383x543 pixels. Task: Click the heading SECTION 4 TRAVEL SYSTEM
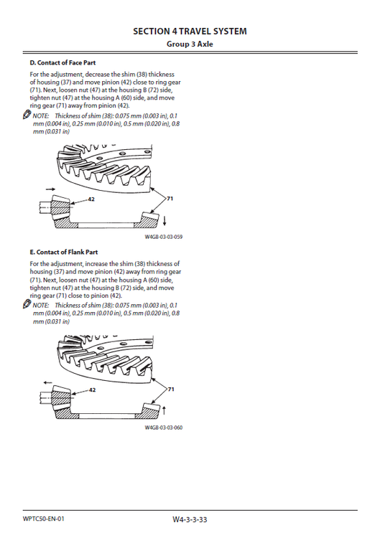190,32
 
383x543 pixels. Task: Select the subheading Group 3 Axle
190,44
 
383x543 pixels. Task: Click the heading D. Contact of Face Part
63,63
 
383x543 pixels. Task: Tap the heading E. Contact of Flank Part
63,252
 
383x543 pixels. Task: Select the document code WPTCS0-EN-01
43,518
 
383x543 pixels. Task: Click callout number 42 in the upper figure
91,199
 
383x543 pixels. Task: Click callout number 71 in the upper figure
170,197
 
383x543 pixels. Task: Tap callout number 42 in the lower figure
91,390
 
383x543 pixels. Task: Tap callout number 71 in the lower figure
170,389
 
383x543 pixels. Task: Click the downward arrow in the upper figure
166,219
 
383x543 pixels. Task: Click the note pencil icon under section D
27,115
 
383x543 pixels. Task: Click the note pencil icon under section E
27,305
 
